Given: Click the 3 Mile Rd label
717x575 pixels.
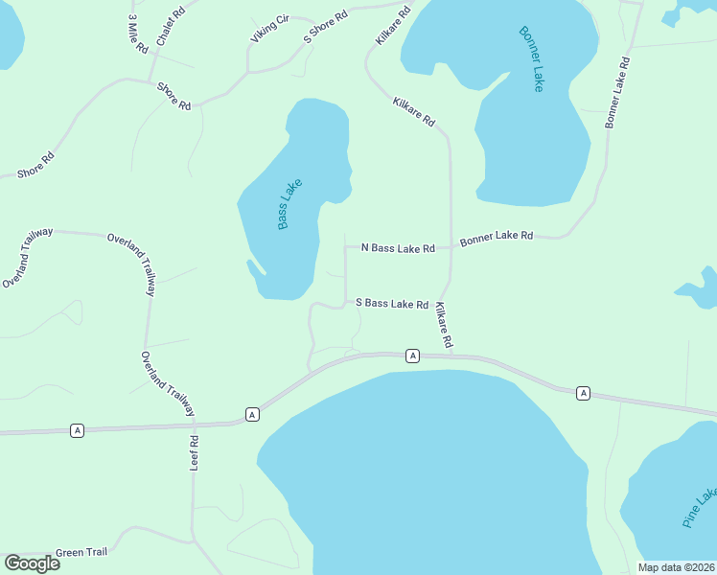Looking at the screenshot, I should click(x=137, y=34).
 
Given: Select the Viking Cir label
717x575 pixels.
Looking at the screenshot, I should click(x=269, y=29).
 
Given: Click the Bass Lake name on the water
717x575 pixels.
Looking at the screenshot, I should click(x=289, y=204).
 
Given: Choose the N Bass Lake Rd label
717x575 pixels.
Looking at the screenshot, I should click(x=398, y=248).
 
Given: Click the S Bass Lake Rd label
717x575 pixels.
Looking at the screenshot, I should click(x=392, y=304).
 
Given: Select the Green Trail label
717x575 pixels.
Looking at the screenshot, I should click(x=82, y=552).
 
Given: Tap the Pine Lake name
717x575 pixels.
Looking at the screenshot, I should click(x=700, y=508).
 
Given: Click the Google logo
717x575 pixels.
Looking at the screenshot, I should click(x=33, y=563).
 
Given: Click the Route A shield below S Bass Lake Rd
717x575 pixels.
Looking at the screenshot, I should click(x=412, y=356).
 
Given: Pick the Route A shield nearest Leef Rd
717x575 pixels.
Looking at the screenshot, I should click(x=252, y=414).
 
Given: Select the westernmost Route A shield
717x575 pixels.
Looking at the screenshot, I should click(x=77, y=431).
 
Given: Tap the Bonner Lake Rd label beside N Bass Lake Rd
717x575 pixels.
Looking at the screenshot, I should click(x=497, y=237).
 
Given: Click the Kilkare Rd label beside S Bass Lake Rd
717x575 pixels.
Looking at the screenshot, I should click(x=444, y=325).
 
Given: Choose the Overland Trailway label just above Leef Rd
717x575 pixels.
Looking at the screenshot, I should click(x=168, y=384).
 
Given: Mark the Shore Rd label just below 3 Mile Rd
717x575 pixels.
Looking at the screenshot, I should click(x=174, y=97).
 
